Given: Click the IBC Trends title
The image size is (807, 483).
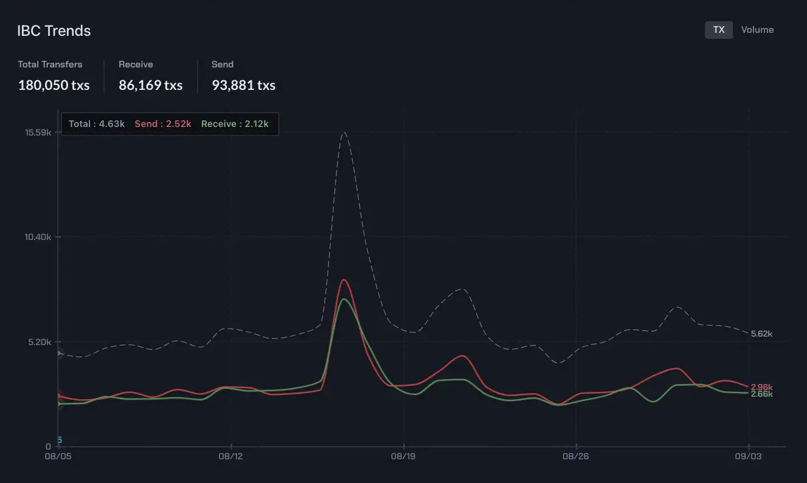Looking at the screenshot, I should click(54, 31).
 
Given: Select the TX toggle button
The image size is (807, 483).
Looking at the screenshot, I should click(718, 30).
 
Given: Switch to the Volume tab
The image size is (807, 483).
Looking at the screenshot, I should click(757, 30).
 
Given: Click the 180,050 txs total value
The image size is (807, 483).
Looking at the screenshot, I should click(54, 85).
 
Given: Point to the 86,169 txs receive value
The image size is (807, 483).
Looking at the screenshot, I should click(150, 85).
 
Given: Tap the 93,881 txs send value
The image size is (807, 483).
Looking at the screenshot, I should click(243, 85).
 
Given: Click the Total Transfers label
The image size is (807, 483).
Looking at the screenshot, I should click(50, 64).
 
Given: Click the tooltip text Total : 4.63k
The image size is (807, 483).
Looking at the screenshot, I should click(97, 124).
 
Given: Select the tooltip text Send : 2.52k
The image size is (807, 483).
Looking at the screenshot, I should click(162, 124).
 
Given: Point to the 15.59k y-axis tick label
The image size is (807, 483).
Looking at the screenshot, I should click(38, 132).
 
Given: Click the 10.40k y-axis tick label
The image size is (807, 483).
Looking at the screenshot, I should click(38, 237).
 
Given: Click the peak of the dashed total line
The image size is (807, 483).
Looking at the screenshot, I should click(344, 132).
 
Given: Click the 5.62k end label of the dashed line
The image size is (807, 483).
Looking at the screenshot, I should click(761, 334).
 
